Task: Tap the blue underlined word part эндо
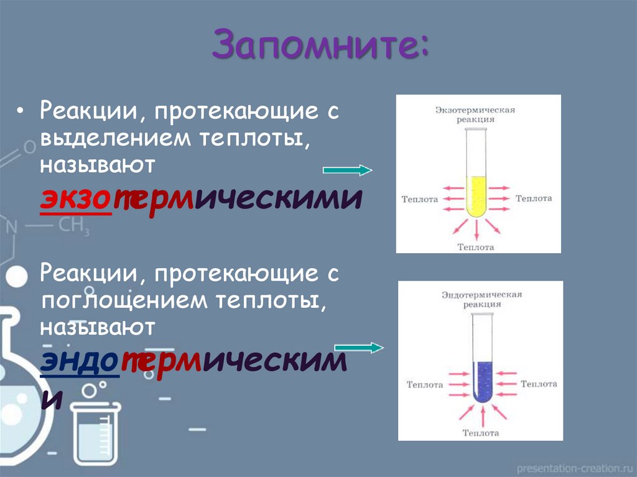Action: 80,363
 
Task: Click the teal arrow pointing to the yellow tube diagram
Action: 347,170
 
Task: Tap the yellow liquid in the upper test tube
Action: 476,196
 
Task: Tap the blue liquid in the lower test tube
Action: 482,381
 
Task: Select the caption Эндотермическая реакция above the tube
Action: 482,299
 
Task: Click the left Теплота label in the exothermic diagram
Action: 420,199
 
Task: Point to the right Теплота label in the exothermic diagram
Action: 534,198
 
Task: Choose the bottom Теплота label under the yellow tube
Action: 476,247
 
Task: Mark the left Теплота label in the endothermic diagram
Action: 425,385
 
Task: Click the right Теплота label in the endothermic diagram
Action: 539,384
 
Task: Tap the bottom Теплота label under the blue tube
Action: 481,432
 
